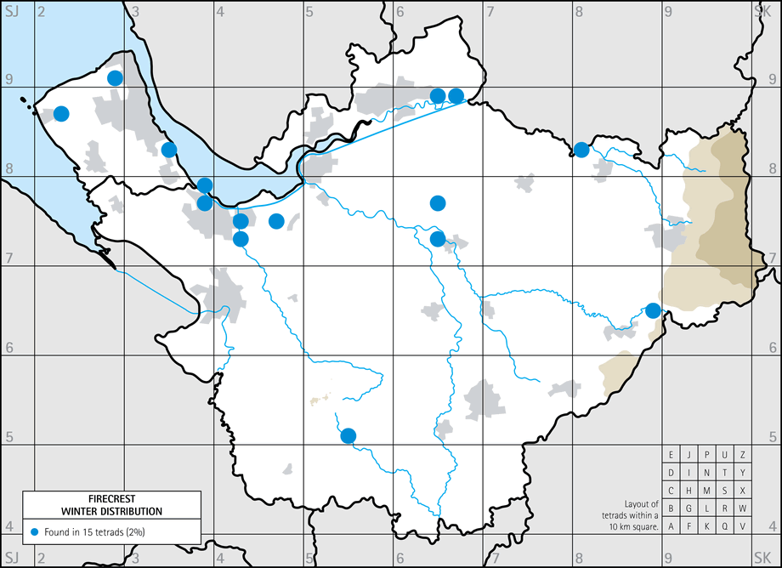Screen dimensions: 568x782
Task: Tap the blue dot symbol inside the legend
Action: tap(35, 532)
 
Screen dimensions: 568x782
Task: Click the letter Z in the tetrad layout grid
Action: tap(742, 455)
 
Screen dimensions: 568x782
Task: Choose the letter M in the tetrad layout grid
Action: tap(706, 491)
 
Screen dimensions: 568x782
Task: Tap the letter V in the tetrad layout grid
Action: tap(742, 526)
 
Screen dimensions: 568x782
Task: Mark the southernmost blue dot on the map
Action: tap(348, 436)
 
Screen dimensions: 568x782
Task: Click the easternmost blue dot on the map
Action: tap(653, 310)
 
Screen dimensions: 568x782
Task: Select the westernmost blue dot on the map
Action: tap(61, 113)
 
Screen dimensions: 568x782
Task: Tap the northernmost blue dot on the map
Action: tap(115, 78)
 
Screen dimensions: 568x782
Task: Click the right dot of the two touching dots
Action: tap(456, 96)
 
